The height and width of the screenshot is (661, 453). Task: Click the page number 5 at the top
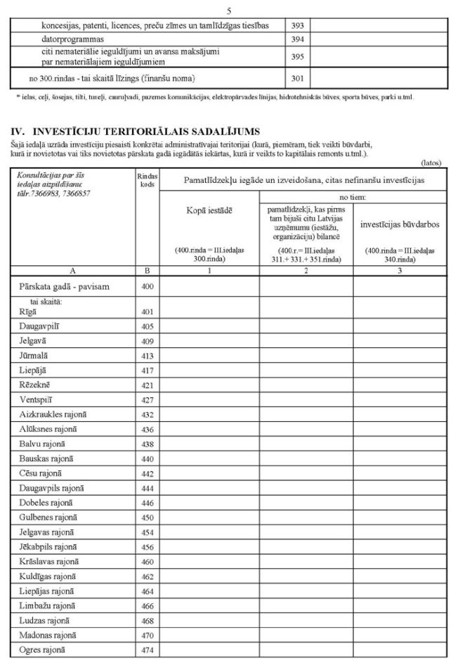tap(228, 11)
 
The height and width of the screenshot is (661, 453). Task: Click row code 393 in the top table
tap(297, 25)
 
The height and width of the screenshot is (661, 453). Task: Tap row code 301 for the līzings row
tap(297, 77)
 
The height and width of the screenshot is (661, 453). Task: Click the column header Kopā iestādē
tap(209, 210)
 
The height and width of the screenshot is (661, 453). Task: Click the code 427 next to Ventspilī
tap(147, 400)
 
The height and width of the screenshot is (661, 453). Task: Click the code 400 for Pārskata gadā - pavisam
tap(147, 286)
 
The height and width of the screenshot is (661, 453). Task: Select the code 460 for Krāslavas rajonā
tap(147, 563)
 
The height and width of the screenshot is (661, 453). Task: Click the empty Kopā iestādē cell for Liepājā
tap(209, 371)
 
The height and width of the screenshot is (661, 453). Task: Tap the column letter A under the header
tap(73, 269)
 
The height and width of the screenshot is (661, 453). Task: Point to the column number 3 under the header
tap(400, 269)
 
